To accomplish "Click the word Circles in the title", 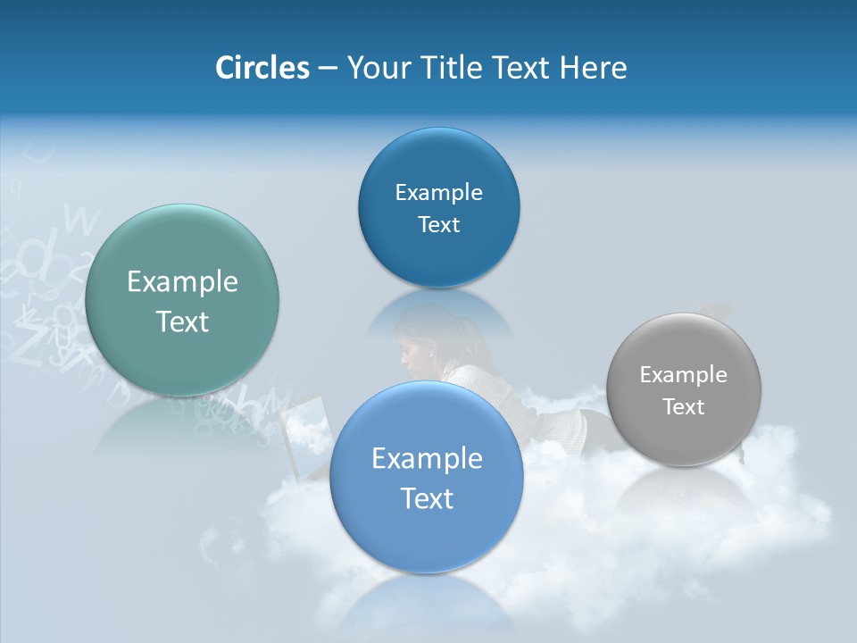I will click(x=262, y=68).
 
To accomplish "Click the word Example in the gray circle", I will click(x=684, y=375).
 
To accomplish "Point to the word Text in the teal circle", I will click(x=182, y=321).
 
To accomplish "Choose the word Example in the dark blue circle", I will click(x=438, y=193).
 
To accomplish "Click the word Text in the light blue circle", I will click(x=427, y=498).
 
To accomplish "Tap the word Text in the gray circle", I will click(x=684, y=407).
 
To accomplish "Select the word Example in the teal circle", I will click(x=182, y=282).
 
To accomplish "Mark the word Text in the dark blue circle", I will click(x=438, y=225).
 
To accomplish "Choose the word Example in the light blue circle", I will click(x=427, y=459).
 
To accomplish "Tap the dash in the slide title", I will click(x=327, y=69).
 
